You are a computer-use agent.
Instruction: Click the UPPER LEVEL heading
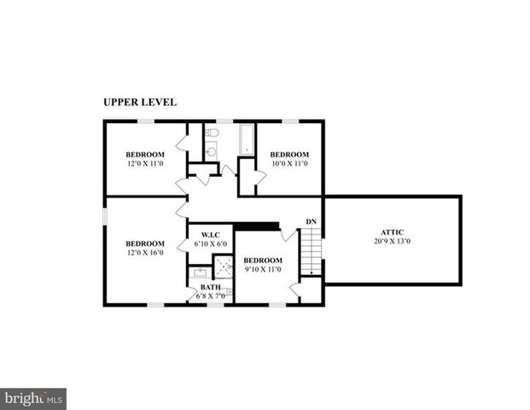tap(140, 102)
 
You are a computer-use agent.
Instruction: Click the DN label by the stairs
tap(312, 222)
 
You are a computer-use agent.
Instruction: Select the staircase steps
tap(313, 250)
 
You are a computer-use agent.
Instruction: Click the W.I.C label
tap(211, 235)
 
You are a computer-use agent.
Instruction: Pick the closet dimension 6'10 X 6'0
tap(211, 244)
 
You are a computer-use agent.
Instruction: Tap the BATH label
tap(210, 287)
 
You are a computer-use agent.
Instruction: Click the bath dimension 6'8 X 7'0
tap(211, 296)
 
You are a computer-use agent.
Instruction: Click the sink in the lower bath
tap(200, 272)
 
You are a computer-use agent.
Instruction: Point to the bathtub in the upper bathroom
tap(248, 141)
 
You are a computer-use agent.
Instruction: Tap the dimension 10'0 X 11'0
tap(289, 163)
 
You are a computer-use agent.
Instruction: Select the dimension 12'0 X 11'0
tap(145, 163)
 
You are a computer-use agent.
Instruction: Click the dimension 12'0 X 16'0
tap(145, 252)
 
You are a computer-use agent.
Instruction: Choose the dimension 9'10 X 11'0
tap(262, 269)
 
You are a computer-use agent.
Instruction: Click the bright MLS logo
tap(33, 398)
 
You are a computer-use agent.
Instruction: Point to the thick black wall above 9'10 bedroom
tap(256, 226)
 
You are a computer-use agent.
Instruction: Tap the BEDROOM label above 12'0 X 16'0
tap(145, 243)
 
